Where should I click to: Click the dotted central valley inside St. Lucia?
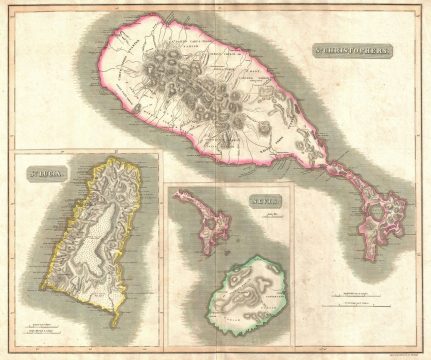coord(100,250)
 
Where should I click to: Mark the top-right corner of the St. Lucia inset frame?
coord(159,150)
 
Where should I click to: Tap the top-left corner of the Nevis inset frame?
coord(169,184)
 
